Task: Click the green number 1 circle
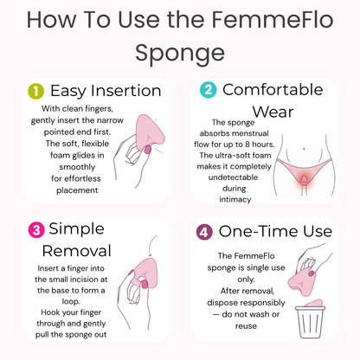[35, 90]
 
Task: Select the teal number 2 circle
[209, 90]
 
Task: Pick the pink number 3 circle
[35, 229]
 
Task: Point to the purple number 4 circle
[202, 232]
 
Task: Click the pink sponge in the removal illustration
[145, 274]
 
